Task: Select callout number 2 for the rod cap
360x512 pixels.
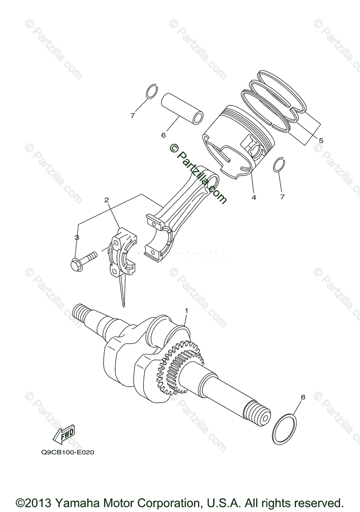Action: pos(106,200)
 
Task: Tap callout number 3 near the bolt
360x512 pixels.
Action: pos(77,237)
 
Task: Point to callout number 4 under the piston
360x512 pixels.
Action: pos(254,198)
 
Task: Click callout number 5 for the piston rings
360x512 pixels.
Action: pos(321,140)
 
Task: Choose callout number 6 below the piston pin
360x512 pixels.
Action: pos(163,135)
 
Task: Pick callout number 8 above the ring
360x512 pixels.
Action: pos(303,397)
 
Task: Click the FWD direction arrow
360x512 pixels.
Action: pos(64,434)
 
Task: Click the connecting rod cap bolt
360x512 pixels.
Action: pos(82,260)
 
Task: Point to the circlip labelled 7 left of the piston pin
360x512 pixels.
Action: pos(152,91)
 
